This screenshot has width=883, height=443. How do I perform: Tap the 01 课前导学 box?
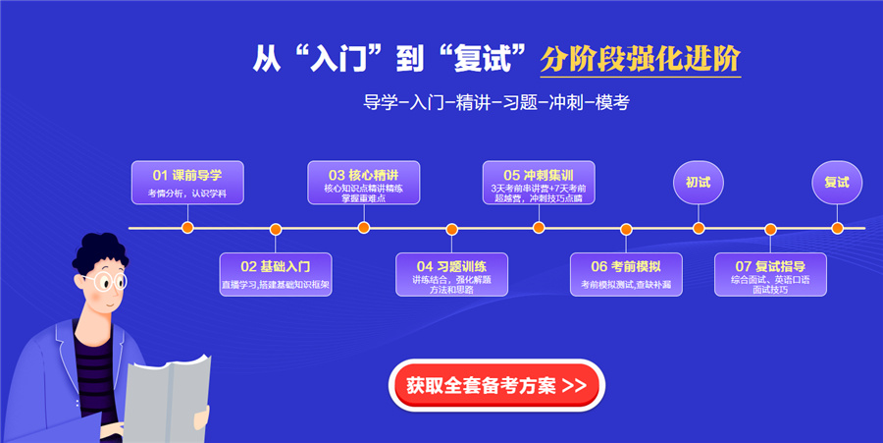pyautogui.click(x=187, y=183)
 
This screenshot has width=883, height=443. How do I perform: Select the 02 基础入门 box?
pyautogui.click(x=276, y=274)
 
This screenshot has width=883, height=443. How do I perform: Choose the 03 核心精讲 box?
pyautogui.click(x=364, y=183)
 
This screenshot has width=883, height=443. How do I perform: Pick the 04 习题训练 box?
pyautogui.click(x=452, y=274)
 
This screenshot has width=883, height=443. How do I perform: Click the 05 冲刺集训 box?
pyautogui.click(x=539, y=183)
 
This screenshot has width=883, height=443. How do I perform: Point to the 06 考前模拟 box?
pyautogui.click(x=626, y=274)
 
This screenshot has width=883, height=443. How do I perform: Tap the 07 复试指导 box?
pyautogui.click(x=770, y=274)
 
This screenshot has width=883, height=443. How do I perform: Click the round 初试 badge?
pyautogui.click(x=699, y=183)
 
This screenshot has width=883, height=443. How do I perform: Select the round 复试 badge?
pyautogui.click(x=837, y=183)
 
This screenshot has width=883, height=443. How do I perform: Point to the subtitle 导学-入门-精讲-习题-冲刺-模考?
pyautogui.click(x=501, y=102)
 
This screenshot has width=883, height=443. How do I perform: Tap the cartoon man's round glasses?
pyautogui.click(x=102, y=282)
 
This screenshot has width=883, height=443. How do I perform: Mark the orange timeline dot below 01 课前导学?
pyautogui.click(x=187, y=229)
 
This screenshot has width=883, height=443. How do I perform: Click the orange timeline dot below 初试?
pyautogui.click(x=699, y=229)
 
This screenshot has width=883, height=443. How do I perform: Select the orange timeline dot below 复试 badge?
pyautogui.click(x=837, y=229)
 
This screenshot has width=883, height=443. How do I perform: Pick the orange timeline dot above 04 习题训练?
pyautogui.click(x=452, y=229)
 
